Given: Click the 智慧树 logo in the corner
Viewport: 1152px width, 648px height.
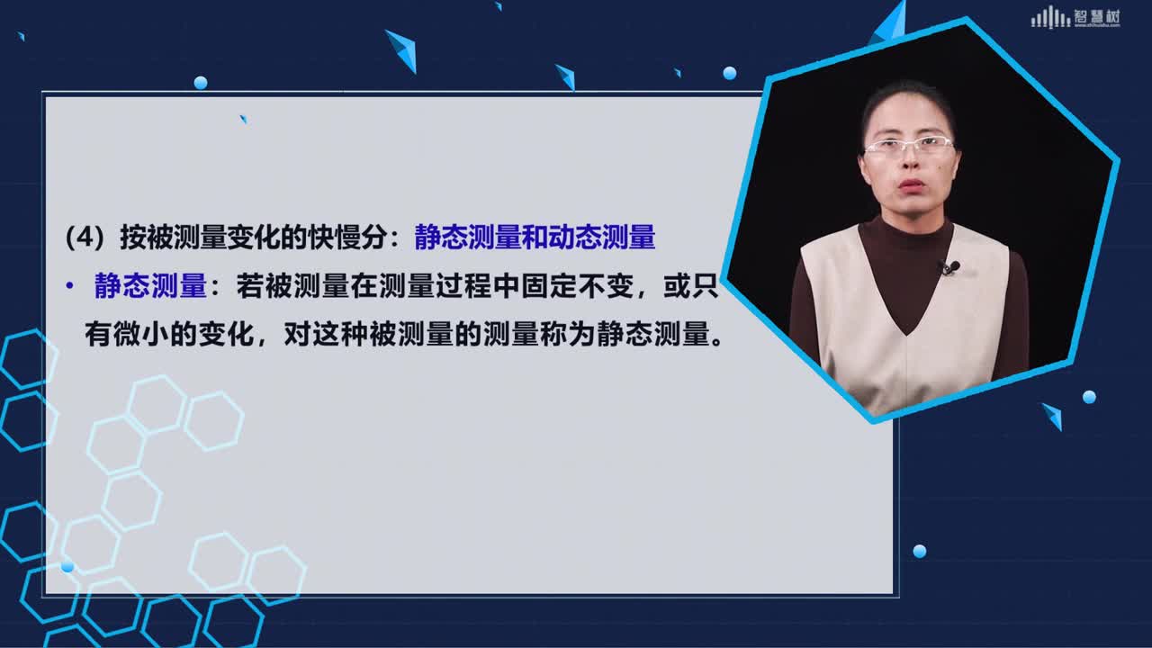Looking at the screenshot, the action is point(1075,18).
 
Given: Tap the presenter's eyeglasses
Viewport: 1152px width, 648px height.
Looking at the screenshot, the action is point(909,146).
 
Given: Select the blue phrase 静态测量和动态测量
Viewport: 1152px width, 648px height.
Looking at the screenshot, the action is point(535,238).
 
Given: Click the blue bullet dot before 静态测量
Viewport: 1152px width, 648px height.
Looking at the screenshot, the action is point(69,285).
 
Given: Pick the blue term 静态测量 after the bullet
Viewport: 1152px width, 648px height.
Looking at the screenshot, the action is point(150,286).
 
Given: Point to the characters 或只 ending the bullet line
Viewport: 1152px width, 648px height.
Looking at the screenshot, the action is point(690,286).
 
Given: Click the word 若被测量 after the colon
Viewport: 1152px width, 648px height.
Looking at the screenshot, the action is point(292,286).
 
